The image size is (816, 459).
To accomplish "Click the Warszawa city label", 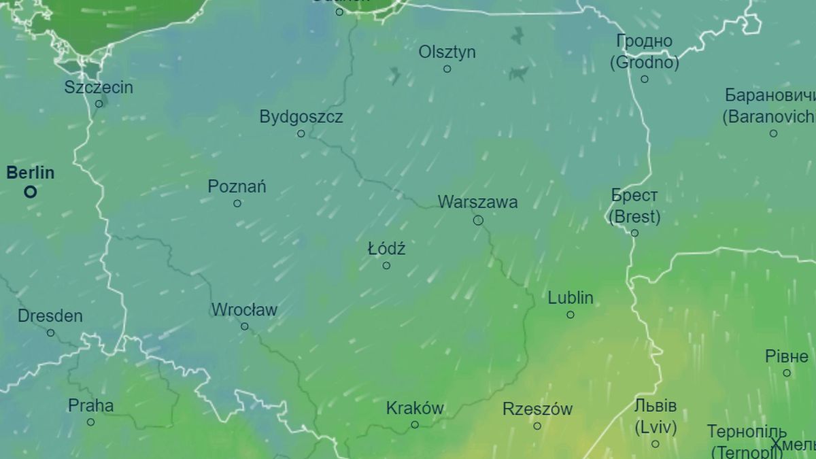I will pyautogui.click(x=477, y=202).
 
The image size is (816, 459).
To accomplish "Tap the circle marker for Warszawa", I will pyautogui.click(x=478, y=220).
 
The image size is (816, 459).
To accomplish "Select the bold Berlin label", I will pyautogui.click(x=30, y=173).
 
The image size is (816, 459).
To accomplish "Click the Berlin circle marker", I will pyautogui.click(x=30, y=192).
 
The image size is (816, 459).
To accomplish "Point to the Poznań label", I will pyautogui.click(x=237, y=186).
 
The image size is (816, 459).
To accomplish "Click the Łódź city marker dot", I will pyautogui.click(x=386, y=266).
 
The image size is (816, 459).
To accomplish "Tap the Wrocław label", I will pyautogui.click(x=244, y=310).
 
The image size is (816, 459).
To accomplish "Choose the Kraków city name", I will pyautogui.click(x=415, y=408).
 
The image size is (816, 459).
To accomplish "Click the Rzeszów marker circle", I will pyautogui.click(x=537, y=426).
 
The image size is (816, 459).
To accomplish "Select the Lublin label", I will pyautogui.click(x=571, y=298).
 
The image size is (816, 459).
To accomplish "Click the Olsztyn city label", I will pyautogui.click(x=447, y=52).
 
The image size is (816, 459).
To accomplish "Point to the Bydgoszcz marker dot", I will pyautogui.click(x=301, y=134).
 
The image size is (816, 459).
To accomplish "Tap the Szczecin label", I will pyautogui.click(x=99, y=87).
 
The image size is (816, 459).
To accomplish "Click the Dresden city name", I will pyautogui.click(x=50, y=316).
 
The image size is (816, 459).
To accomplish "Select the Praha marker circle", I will pyautogui.click(x=90, y=422).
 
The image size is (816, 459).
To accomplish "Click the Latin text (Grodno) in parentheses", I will pyautogui.click(x=644, y=63).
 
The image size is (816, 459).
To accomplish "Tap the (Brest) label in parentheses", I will pyautogui.click(x=634, y=217).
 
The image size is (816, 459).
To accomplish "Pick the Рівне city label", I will pyautogui.click(x=787, y=356).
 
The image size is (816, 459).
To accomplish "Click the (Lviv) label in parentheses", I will pyautogui.click(x=656, y=428).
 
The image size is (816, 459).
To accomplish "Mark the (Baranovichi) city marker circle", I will pyautogui.click(x=773, y=133).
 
